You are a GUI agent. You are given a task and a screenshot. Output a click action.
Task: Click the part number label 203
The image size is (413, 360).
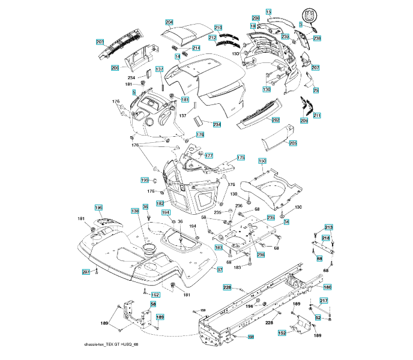pos(100,42)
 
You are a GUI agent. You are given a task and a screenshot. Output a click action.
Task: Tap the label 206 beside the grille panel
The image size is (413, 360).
pos(115,68)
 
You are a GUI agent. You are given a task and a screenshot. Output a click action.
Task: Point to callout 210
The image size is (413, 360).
pos(218,28)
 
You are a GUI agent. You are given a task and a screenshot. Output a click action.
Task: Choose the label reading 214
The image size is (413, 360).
pos(196,47)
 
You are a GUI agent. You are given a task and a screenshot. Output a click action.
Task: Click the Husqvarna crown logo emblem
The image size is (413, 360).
pos(311,14)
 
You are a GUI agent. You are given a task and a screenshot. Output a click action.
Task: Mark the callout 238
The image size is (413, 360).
pos(317,38)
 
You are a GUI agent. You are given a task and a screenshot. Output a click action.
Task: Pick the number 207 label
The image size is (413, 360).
pos(315,68)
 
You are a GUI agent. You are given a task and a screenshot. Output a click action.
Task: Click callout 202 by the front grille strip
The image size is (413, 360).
pos(276,120)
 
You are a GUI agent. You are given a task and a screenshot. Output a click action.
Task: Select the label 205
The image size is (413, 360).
pos(293,143)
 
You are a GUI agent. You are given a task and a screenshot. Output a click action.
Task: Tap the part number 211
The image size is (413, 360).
pos(317,115)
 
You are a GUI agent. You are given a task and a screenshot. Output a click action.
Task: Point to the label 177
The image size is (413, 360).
pos(209,155)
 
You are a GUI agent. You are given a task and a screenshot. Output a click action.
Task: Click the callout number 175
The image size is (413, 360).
pos(241,158)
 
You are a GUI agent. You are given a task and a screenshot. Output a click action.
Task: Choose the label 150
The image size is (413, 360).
pos(262,161)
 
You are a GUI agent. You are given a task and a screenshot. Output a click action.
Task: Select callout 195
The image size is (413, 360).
pos(145,180)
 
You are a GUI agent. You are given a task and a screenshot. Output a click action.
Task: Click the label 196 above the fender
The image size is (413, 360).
pos(99,208)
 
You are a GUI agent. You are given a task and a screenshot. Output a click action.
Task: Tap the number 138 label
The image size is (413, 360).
pos(135,211)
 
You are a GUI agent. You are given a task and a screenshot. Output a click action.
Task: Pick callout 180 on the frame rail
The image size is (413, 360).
pos(327,287)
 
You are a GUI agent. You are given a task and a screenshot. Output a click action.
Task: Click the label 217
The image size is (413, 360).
pos(324,301)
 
